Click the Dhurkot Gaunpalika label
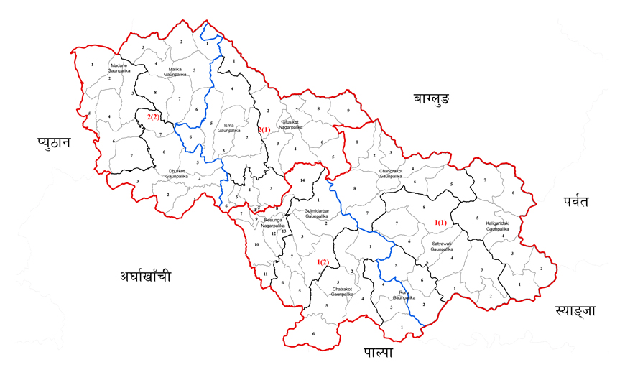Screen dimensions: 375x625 (x=175, y=173)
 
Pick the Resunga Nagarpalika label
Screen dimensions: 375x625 (x=273, y=222)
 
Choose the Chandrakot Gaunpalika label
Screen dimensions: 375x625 (x=396, y=173)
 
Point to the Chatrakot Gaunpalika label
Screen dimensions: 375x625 (x=343, y=292)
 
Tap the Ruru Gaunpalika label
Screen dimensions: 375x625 (x=409, y=292)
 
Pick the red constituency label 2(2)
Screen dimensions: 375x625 (x=154, y=116)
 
